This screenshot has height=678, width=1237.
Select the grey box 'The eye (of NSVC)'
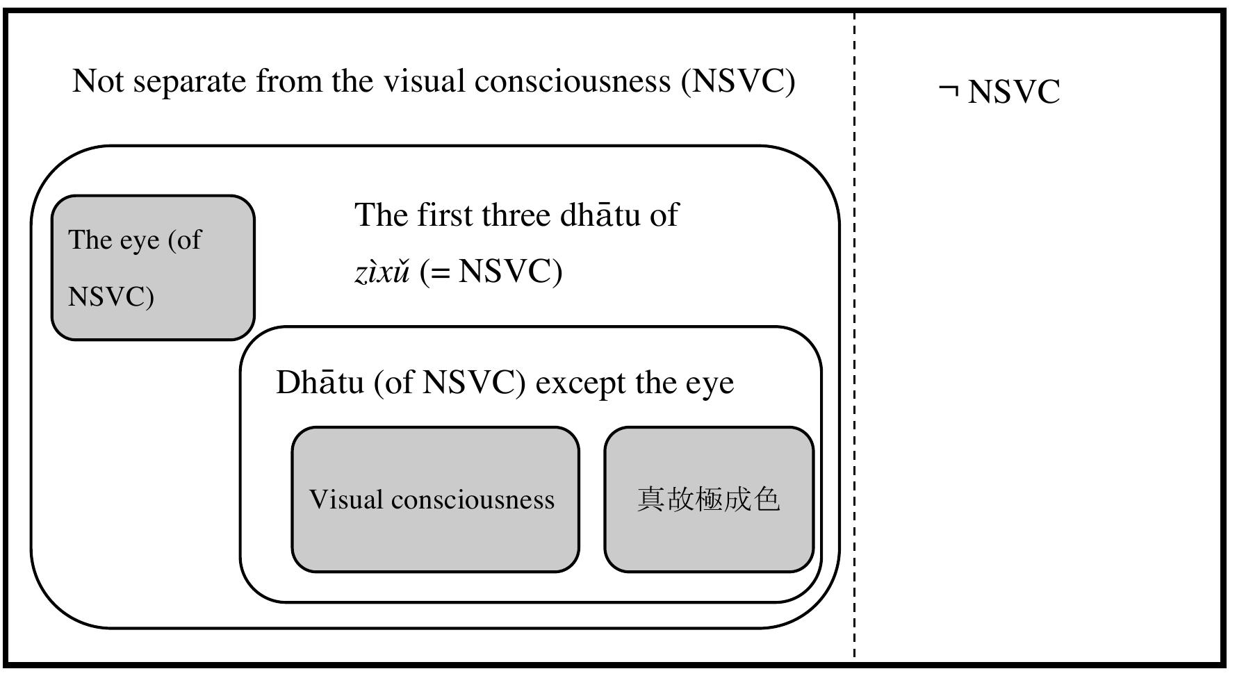(153, 268)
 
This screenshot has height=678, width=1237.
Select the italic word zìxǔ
(382, 272)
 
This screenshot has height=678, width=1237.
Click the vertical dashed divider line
(854, 347)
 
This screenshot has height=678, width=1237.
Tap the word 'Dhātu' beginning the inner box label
(320, 383)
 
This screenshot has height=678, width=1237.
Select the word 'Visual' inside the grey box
(346, 499)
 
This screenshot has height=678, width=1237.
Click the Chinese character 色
(767, 499)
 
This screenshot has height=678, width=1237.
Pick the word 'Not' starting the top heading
(97, 81)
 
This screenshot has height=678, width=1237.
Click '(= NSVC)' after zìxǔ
(491, 272)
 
